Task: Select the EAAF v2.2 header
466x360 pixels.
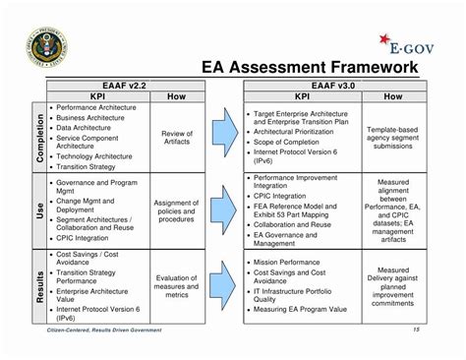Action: (125, 86)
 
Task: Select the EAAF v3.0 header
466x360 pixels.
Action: (340, 86)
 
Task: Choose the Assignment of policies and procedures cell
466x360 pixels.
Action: (177, 209)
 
